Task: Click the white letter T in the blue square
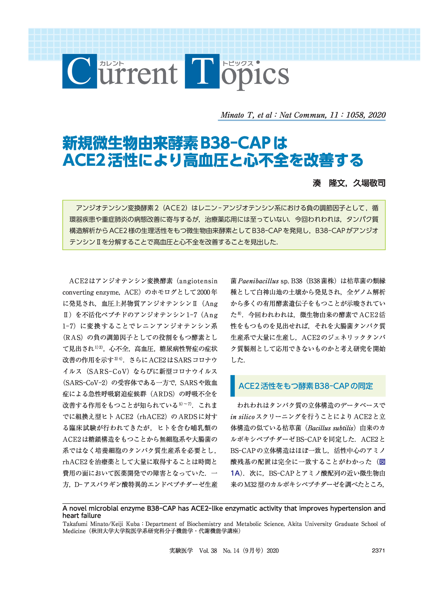coord(202,71)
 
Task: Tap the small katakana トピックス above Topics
coord(237,64)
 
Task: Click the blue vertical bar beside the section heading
coord(232,386)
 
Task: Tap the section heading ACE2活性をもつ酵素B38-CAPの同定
coord(306,386)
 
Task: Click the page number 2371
coord(378,551)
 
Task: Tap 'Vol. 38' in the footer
coord(208,551)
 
